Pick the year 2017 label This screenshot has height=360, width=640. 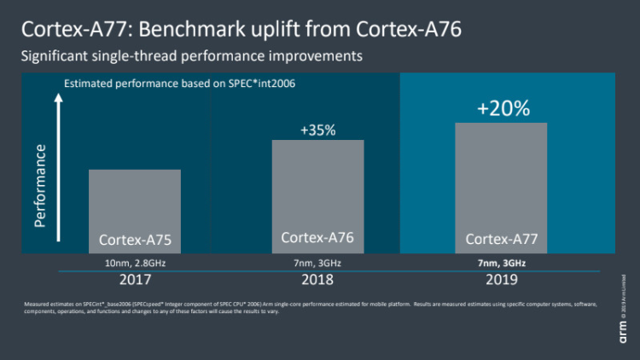click(x=134, y=279)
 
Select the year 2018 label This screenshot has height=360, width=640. click(x=317, y=279)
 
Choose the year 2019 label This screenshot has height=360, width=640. click(x=501, y=279)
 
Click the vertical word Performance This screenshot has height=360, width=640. click(x=40, y=185)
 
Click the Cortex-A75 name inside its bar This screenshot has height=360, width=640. click(x=135, y=240)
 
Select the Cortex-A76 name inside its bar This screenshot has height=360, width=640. click(x=317, y=238)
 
